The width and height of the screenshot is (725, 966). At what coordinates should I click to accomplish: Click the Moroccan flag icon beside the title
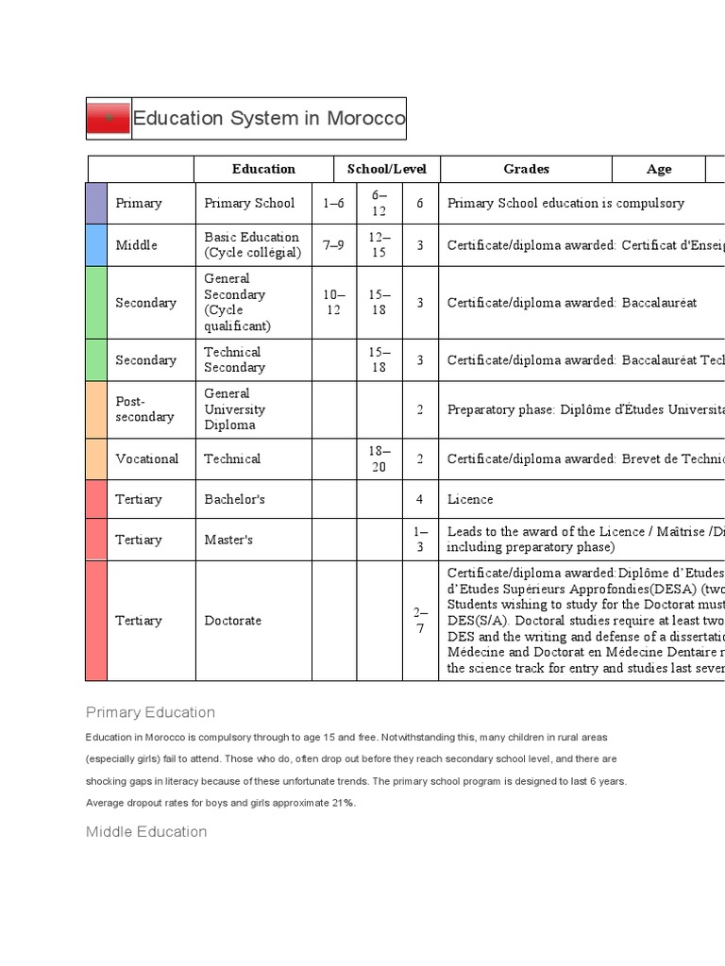pyautogui.click(x=109, y=119)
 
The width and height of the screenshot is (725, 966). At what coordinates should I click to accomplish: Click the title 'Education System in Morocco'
pyautogui.click(x=269, y=119)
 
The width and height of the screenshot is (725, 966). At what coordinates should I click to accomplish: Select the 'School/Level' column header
pyautogui.click(x=386, y=169)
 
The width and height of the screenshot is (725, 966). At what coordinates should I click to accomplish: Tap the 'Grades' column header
pyautogui.click(x=526, y=169)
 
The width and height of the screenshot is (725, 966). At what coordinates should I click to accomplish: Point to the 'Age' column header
pyautogui.click(x=659, y=169)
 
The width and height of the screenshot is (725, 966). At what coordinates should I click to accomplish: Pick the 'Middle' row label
pyautogui.click(x=137, y=245)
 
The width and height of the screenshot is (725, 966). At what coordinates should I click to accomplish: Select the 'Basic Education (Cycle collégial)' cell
pyautogui.click(x=252, y=245)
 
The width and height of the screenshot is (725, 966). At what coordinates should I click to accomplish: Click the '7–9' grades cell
pyautogui.click(x=333, y=245)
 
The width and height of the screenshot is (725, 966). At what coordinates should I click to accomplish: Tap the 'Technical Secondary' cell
pyautogui.click(x=235, y=359)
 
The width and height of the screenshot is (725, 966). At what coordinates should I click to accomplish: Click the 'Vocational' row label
pyautogui.click(x=146, y=458)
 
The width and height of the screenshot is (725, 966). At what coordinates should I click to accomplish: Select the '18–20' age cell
pyautogui.click(x=379, y=458)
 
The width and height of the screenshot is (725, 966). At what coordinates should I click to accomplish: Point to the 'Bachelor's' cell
pyautogui.click(x=235, y=499)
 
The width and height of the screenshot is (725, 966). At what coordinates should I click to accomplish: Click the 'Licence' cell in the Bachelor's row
pyautogui.click(x=470, y=499)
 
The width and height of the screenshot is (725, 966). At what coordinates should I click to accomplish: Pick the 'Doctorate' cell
pyautogui.click(x=233, y=621)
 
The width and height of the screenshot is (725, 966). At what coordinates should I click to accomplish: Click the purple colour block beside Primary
pyautogui.click(x=96, y=203)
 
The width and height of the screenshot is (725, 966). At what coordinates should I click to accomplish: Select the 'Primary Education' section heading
pyautogui.click(x=150, y=712)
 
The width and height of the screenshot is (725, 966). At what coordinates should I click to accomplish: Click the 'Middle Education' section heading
pyautogui.click(x=146, y=831)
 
